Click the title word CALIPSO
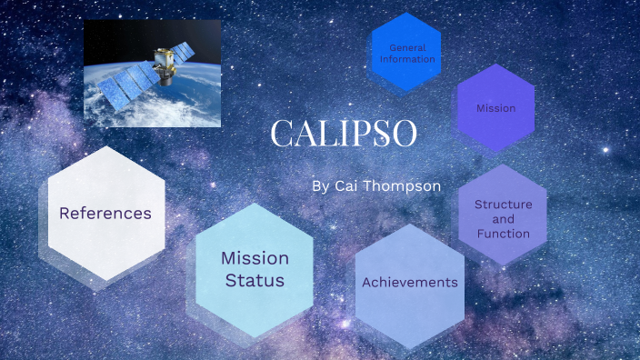coord(344,134)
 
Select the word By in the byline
coord(320,185)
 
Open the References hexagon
coord(105,214)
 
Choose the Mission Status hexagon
coord(255,270)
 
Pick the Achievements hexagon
coord(409,283)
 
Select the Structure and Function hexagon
coord(503,219)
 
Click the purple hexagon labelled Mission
coord(495,108)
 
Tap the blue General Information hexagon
coord(405,53)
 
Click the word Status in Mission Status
coord(255,281)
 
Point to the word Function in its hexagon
coord(503,234)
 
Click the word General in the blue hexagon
coord(407,47)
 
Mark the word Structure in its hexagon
coord(503,205)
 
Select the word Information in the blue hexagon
coord(406,59)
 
